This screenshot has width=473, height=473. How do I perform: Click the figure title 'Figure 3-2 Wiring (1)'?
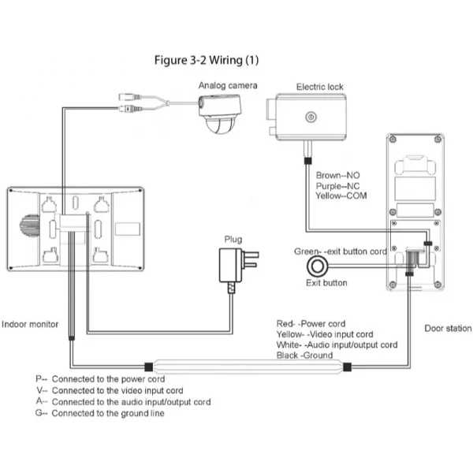point(207,61)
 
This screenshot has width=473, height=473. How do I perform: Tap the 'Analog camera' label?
point(228,86)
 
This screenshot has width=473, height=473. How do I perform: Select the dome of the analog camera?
point(221,125)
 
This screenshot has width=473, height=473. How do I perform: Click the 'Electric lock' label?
point(320,87)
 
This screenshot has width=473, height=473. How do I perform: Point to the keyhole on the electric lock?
point(311,117)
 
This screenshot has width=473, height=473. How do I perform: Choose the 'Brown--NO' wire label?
point(337,175)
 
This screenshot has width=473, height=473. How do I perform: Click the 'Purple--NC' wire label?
point(337,186)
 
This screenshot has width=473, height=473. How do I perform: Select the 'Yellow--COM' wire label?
point(341,196)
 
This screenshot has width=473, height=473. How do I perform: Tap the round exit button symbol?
point(318,266)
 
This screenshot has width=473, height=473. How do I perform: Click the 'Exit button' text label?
point(326,283)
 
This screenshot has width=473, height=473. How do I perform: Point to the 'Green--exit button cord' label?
point(341,251)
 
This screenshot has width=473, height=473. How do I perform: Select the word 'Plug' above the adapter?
point(233,240)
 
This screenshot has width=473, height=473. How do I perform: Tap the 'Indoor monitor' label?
point(30,324)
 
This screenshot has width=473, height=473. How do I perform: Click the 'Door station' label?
point(448,328)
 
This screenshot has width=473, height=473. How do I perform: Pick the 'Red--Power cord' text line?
point(311,324)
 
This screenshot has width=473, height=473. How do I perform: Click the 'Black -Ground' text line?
point(304,356)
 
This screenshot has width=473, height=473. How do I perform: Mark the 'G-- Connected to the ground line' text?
point(100,413)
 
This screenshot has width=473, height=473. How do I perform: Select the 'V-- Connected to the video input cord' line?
point(110,390)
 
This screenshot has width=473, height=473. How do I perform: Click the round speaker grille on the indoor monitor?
point(30,225)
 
